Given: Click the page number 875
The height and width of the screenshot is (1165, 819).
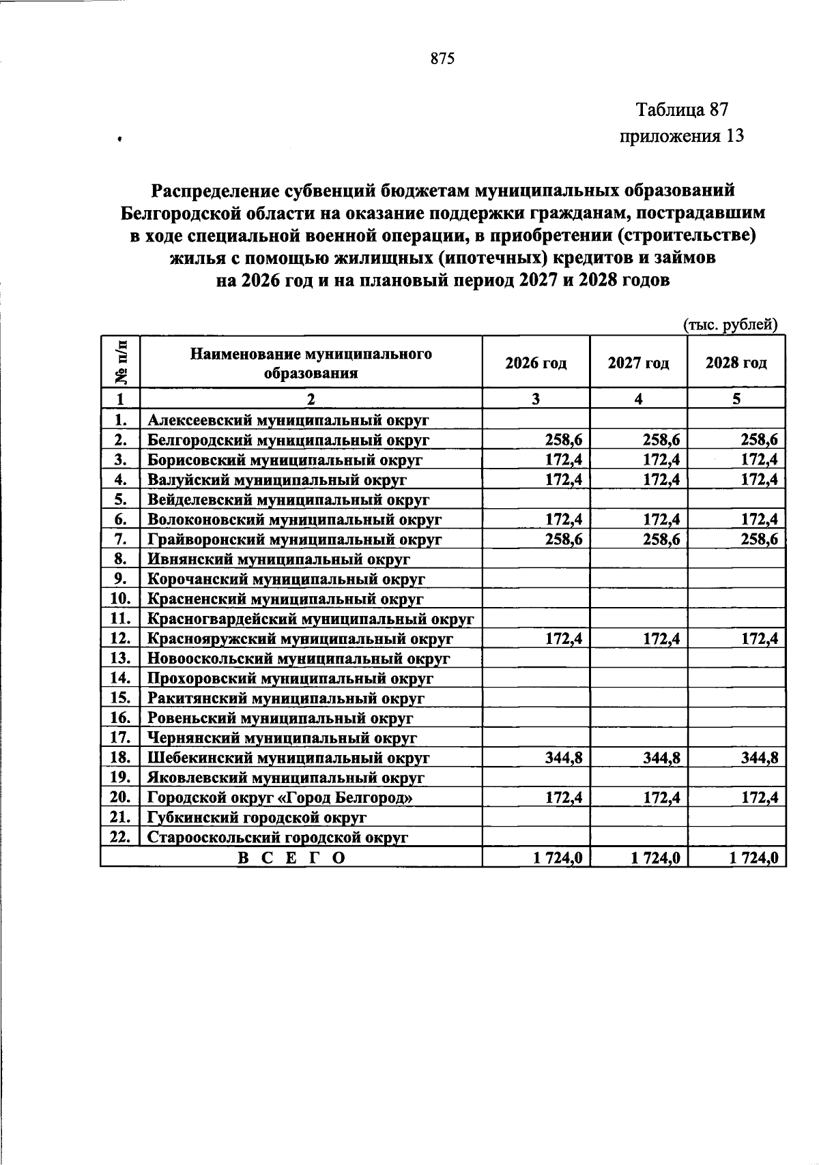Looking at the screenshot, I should coord(442,59).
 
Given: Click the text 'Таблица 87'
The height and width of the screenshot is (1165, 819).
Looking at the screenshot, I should coord(682,109).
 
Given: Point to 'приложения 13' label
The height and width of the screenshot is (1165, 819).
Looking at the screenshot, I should coord(680,136).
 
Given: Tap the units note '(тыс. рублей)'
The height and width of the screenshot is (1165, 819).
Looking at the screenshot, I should coord(730,325).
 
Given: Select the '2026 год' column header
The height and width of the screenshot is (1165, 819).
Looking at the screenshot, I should coord(536,363).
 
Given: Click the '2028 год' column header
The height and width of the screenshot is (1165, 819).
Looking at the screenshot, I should coord(736,363).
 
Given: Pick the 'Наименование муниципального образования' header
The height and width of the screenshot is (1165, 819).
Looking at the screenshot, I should coord(311,364).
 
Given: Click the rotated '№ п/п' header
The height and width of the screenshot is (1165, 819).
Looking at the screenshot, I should coord(120,362).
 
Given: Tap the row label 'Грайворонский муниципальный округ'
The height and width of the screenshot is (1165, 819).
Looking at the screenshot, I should coord(295,540).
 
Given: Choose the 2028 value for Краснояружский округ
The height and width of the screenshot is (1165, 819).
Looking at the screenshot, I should coord(759,639).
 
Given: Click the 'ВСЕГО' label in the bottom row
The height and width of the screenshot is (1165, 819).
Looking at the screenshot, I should coord(291,858).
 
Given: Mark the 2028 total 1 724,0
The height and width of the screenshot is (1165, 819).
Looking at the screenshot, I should coord(753,858).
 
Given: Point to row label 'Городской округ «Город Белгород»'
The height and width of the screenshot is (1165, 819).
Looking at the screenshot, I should coord(281,797).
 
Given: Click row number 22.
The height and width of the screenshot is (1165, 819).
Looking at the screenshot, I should coord(119,837).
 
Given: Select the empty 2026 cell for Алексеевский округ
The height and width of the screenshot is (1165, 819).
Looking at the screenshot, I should coord(536,419).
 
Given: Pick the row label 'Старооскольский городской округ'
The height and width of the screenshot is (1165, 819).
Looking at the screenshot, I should coord(278,838).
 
